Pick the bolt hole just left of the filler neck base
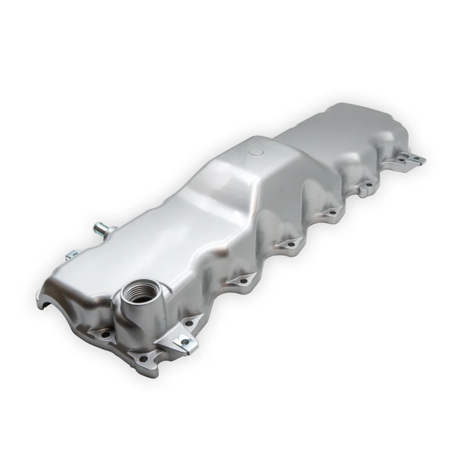105,335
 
